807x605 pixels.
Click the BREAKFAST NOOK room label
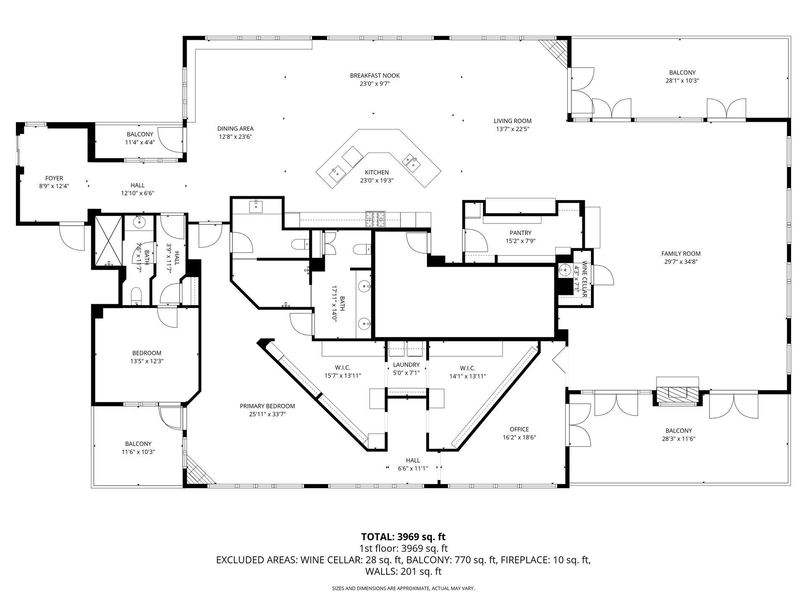(375, 76)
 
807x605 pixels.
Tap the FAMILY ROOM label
(681, 254)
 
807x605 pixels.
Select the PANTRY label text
(520, 233)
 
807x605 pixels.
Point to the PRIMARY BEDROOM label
(267, 406)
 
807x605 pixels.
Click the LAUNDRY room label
(406, 365)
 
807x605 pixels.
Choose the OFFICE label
(519, 429)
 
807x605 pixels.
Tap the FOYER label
(54, 179)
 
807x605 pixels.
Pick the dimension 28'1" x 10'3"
(682, 80)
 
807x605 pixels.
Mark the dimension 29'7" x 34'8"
(681, 262)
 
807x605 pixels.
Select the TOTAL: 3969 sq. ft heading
(403, 537)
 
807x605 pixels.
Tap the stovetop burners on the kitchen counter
(375, 219)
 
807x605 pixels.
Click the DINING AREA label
(235, 129)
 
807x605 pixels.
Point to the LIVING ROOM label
(512, 121)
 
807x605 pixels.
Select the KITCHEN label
(377, 172)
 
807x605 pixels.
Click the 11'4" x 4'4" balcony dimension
(140, 142)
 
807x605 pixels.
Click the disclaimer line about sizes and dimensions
(403, 589)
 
